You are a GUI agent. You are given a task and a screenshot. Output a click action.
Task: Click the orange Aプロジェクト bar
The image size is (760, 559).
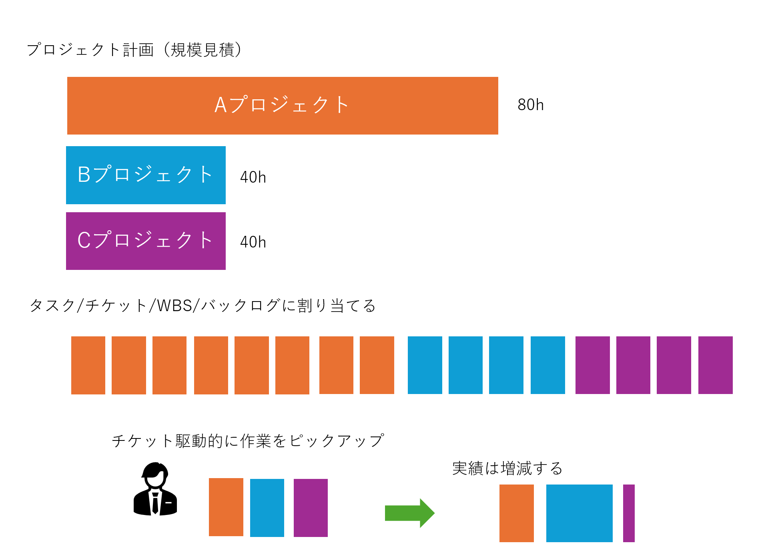(283, 106)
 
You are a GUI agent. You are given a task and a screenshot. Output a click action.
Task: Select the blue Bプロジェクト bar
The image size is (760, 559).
(146, 175)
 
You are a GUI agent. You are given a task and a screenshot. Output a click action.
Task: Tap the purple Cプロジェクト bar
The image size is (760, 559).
(146, 241)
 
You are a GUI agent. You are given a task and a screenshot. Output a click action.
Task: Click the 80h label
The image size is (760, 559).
(530, 105)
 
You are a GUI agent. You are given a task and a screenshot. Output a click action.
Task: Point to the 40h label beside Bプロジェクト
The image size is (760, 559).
(253, 177)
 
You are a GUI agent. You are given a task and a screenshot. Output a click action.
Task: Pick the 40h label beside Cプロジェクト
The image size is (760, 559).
(253, 242)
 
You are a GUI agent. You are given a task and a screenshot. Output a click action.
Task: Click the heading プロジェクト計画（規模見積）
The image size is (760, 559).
(134, 50)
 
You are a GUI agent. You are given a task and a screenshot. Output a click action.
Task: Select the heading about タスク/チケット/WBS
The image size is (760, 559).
(203, 306)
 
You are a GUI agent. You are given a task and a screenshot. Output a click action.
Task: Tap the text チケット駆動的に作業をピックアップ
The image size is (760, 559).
(248, 441)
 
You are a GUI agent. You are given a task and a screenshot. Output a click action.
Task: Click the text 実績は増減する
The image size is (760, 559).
(507, 468)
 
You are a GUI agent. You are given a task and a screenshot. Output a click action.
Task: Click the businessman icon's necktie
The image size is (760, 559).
(155, 503)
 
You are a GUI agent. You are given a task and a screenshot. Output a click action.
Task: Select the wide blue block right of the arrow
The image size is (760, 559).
(579, 513)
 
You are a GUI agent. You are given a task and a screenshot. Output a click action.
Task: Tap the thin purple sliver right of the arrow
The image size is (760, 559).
(629, 513)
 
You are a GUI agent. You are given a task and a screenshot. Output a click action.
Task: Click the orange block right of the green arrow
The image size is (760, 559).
(516, 513)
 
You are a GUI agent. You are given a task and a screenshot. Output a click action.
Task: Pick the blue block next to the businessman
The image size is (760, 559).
(267, 508)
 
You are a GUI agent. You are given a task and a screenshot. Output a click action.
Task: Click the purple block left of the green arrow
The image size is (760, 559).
(311, 508)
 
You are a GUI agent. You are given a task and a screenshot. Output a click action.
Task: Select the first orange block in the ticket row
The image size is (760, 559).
(88, 365)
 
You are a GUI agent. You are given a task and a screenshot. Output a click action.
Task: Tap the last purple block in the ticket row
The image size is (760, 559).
(715, 365)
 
